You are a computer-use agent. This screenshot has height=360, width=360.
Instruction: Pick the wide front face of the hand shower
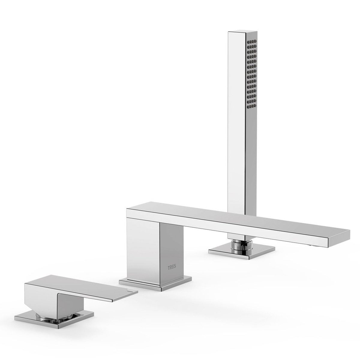click(x=236, y=120)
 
